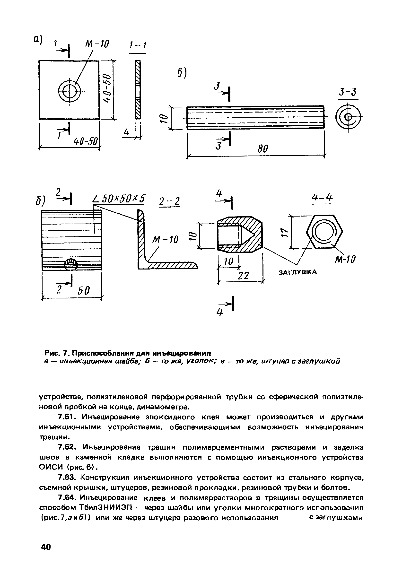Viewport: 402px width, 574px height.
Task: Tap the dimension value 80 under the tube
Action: tap(262, 149)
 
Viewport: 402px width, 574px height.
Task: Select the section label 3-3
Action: tap(348, 92)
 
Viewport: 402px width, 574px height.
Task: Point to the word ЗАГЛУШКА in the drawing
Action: tap(298, 272)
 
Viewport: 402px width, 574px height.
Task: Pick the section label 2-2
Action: tap(169, 201)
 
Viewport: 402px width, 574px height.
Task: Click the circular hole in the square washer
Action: tap(70, 91)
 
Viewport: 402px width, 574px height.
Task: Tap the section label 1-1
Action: tap(138, 45)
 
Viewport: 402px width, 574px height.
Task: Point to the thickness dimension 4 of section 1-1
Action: tap(126, 132)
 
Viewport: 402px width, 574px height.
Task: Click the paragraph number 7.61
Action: tap(66, 417)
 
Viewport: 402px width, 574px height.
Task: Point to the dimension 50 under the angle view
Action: tap(84, 291)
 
